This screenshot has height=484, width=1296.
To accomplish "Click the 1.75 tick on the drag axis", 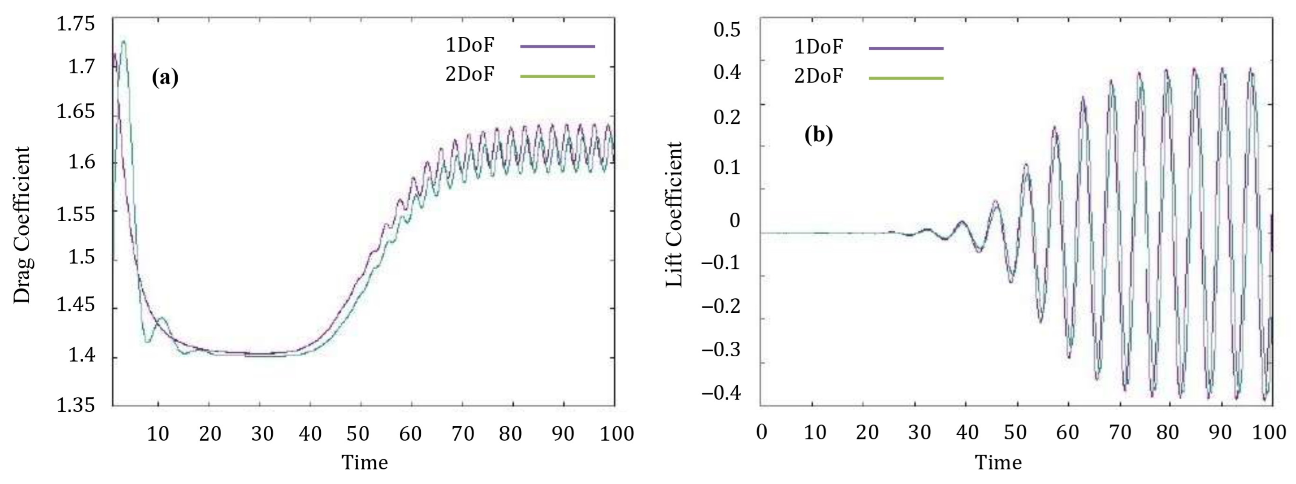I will [75, 24].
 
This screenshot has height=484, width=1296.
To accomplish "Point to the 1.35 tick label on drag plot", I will [75, 405].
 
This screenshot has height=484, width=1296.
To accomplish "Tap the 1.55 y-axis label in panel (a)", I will [75, 214].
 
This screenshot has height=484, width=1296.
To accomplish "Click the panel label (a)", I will [165, 77].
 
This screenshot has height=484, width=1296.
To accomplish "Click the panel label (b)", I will [819, 135].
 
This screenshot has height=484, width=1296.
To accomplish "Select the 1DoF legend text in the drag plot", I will [470, 45].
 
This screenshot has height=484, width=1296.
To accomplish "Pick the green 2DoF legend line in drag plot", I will [558, 76].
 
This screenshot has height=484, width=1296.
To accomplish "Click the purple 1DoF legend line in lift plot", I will [906, 48].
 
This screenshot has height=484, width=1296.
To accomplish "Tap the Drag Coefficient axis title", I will [22, 225].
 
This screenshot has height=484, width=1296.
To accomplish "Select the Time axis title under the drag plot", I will [365, 462].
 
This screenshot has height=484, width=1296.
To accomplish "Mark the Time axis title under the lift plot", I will [998, 462].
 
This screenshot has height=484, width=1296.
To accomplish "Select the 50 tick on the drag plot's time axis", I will [358, 433].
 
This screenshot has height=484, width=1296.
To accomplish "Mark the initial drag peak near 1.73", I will [123, 42].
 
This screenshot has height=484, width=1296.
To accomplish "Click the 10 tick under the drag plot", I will [157, 433].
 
